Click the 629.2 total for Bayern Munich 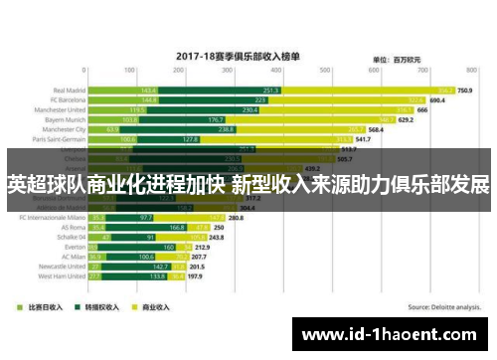pyautogui.click(x=406, y=119)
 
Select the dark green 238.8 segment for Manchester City pyautogui.click(x=227, y=129)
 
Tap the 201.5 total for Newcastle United pyautogui.click(x=198, y=267)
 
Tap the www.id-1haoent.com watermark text pyautogui.click(x=392, y=335)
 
